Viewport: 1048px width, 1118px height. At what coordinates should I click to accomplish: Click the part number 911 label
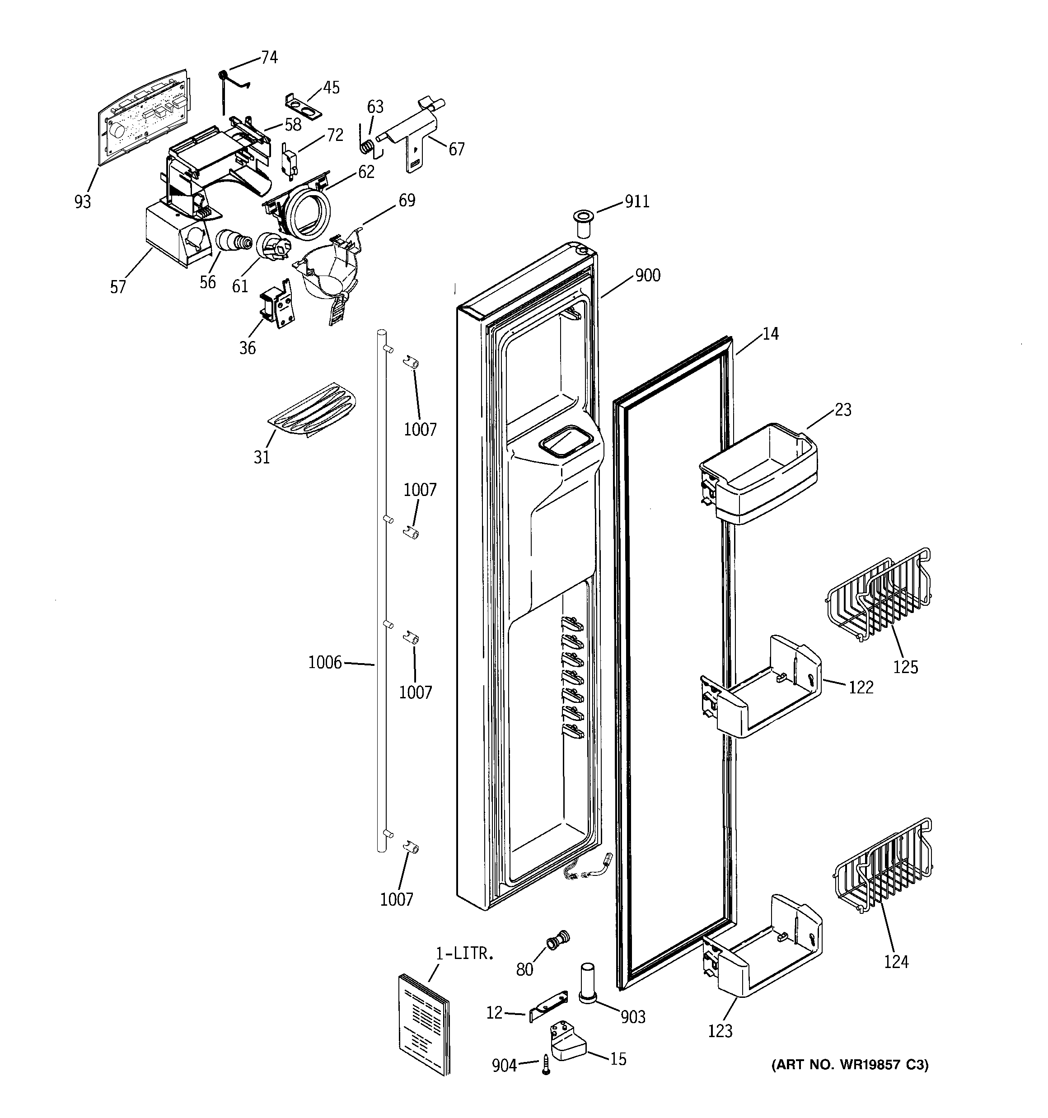tap(637, 201)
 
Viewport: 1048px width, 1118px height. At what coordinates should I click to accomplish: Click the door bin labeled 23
tap(759, 473)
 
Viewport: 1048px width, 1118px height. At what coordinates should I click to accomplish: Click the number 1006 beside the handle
tap(325, 663)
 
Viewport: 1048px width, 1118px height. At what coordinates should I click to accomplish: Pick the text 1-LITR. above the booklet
tap(465, 953)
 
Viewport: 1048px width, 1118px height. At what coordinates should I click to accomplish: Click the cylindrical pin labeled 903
tap(587, 982)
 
